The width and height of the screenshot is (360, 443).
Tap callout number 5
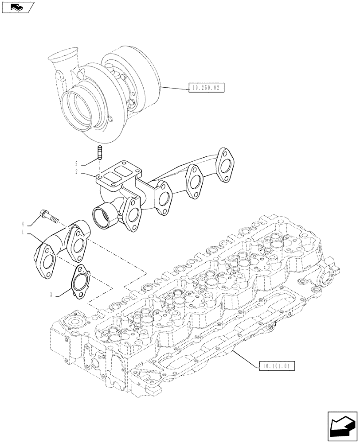pos(77,163)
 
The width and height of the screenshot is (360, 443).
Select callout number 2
pos(77,172)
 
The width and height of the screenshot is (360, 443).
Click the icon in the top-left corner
pos(17,7)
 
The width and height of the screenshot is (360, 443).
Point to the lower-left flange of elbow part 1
pos(44,262)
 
